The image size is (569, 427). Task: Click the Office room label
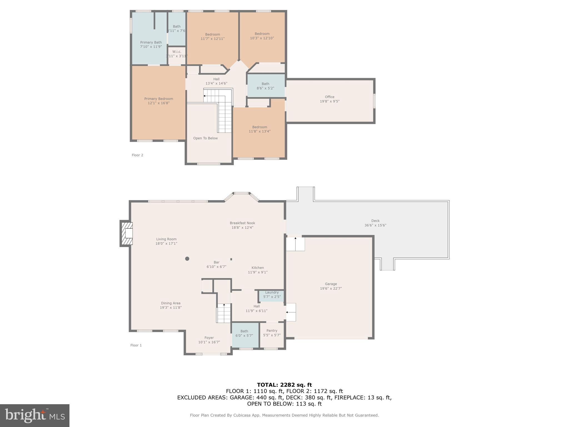330,97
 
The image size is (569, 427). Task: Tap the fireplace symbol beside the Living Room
127,233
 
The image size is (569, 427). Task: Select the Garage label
331,284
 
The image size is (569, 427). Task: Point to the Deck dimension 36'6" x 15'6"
375,225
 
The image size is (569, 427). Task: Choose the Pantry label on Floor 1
272,331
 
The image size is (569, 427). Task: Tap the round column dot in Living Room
187,259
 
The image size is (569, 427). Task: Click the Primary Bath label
151,43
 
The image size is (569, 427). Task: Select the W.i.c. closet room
177,54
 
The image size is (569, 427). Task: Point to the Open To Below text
205,138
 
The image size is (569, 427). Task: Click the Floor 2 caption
137,155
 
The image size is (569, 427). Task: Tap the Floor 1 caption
136,345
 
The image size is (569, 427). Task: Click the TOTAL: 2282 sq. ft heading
284,385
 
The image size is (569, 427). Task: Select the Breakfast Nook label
242,223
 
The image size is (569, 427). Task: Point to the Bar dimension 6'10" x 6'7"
216,267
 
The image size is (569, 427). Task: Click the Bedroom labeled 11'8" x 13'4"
259,129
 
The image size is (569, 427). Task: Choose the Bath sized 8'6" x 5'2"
265,86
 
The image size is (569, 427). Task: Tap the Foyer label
209,338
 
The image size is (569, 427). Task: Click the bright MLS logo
35,415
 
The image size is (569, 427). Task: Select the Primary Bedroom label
159,99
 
